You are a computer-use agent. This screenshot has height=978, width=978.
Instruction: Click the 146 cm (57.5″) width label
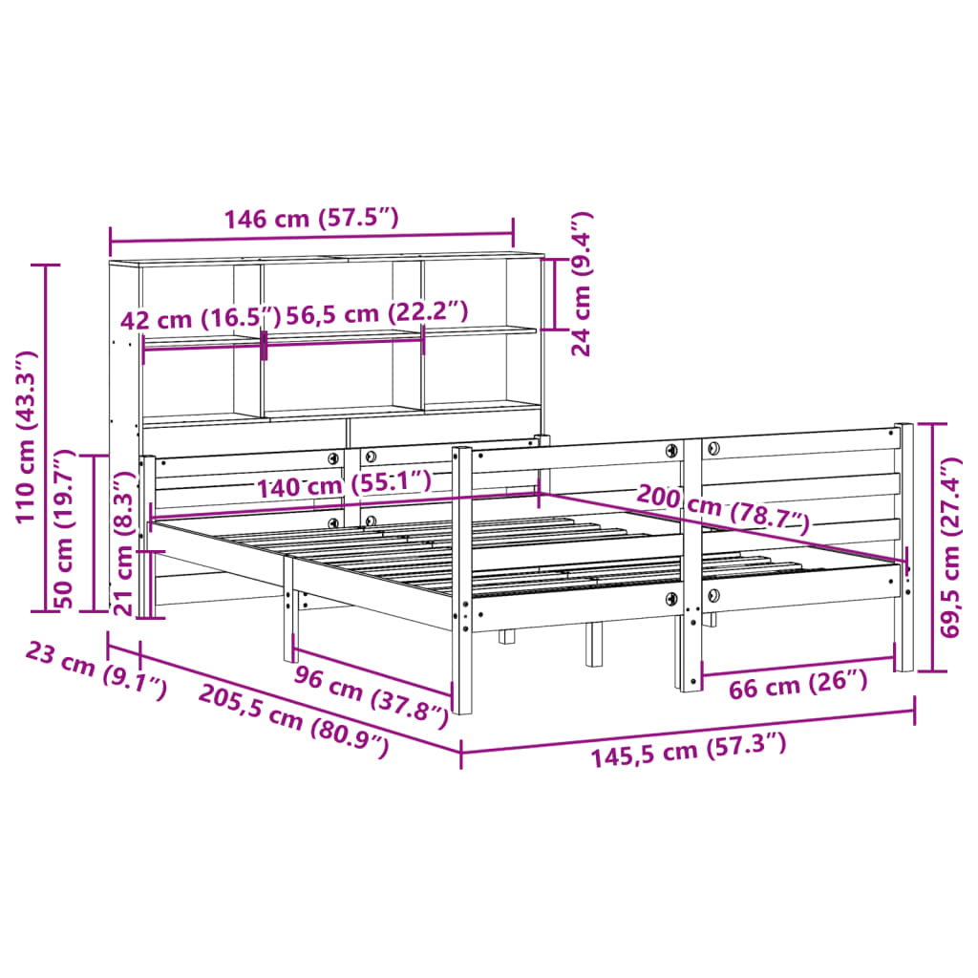(310, 219)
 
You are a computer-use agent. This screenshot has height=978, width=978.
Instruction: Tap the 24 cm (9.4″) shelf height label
(582, 284)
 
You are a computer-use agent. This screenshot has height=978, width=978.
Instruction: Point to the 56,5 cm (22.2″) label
(376, 312)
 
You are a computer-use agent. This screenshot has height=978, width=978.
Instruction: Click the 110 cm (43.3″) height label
(26, 436)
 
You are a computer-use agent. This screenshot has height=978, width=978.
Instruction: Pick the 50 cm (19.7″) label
(65, 531)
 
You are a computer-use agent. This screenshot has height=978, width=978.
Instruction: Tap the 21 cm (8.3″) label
(123, 544)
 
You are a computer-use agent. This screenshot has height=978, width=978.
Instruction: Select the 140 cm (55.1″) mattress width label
(343, 484)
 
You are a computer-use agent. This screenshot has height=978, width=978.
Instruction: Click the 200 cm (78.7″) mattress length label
(722, 509)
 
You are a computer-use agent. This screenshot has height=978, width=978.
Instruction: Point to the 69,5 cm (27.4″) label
(953, 551)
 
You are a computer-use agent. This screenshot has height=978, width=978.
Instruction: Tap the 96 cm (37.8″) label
(371, 690)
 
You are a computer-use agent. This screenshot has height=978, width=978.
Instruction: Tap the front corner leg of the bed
(462, 669)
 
